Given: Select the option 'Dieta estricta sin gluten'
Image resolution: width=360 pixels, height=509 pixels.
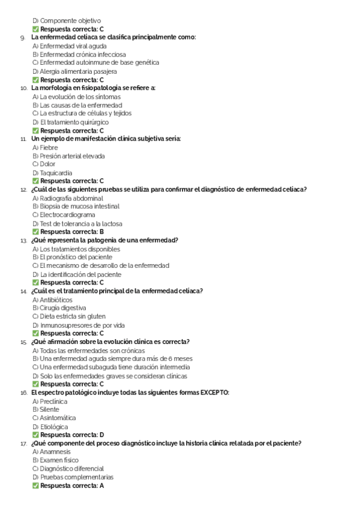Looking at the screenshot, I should [x=73, y=316].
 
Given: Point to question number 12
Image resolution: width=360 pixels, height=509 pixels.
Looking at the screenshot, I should [x=23, y=190].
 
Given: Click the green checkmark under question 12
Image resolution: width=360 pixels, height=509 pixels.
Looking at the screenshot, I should [x=35, y=232].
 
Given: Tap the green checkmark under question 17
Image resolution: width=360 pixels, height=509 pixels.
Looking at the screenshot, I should [x=35, y=486].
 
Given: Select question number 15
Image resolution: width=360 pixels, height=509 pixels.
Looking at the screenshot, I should [x=23, y=342].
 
